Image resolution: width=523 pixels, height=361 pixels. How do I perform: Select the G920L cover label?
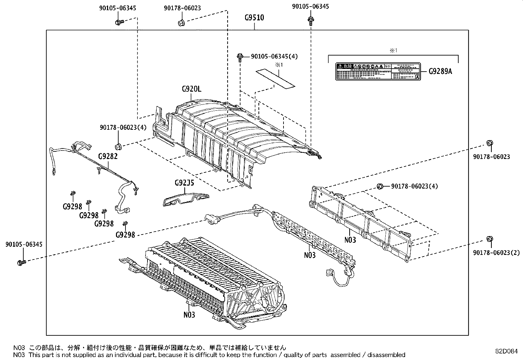[191, 89]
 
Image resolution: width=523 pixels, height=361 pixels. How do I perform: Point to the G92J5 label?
[184, 183]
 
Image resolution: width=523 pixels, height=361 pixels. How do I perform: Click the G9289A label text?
[440, 71]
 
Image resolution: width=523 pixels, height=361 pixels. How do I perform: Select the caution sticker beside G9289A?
[378, 71]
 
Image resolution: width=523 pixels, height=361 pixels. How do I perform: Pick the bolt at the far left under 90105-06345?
[22, 262]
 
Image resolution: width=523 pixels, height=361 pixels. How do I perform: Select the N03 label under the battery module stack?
[189, 315]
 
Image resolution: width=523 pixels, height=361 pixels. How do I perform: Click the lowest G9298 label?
[125, 235]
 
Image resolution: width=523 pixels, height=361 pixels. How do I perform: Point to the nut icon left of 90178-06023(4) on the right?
[380, 186]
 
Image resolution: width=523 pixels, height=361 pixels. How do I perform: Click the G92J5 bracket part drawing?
[186, 199]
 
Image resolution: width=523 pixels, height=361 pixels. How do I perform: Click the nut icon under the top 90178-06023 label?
[180, 23]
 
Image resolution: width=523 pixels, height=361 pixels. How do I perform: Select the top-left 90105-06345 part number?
[117, 8]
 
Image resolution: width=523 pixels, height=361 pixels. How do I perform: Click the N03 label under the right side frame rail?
[350, 240]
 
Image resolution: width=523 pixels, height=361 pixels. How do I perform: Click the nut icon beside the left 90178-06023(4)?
[118, 146]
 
